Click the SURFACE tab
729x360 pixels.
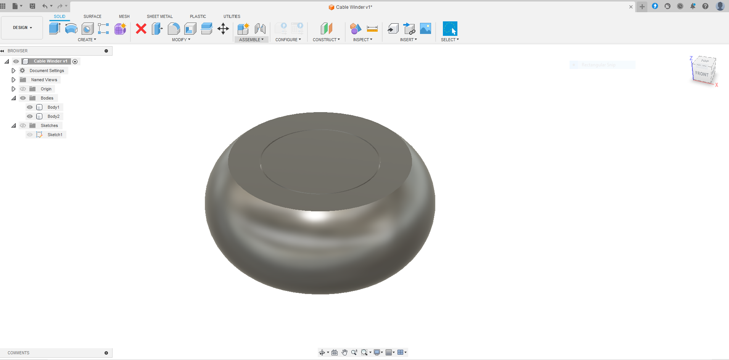pos(92,16)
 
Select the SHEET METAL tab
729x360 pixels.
pos(159,16)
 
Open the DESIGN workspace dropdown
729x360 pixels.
pos(22,27)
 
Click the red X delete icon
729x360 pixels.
pos(141,29)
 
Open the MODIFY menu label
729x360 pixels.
pos(181,40)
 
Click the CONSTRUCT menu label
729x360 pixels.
pos(326,40)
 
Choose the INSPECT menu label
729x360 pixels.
pos(362,40)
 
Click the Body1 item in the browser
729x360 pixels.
pos(53,107)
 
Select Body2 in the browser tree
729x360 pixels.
pos(53,116)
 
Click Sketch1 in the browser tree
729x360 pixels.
pos(55,135)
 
